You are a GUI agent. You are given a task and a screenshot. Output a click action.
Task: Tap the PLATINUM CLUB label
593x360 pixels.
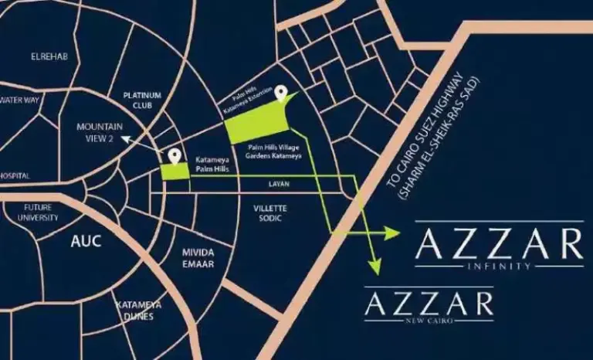142,100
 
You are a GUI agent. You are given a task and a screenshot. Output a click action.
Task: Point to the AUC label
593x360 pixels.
86,241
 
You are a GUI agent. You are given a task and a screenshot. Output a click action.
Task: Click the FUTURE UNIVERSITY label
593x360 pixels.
42,212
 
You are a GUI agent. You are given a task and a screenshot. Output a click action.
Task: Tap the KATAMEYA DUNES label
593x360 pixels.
134,311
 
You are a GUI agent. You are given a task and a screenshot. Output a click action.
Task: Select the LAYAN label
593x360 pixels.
278,185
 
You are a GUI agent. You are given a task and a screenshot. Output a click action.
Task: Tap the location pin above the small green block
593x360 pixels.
175,157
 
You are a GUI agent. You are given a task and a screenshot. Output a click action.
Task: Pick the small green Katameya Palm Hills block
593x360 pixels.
175,174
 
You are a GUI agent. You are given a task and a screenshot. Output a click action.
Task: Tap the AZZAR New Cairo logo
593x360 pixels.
429,304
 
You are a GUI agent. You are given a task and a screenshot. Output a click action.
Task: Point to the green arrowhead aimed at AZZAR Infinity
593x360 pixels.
391,232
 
